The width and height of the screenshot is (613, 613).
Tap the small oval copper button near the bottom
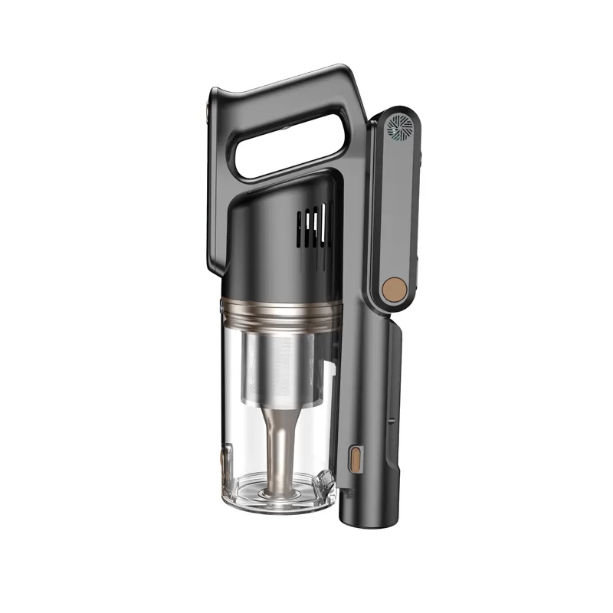point(355,460)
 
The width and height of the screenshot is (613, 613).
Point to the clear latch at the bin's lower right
point(328,482)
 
